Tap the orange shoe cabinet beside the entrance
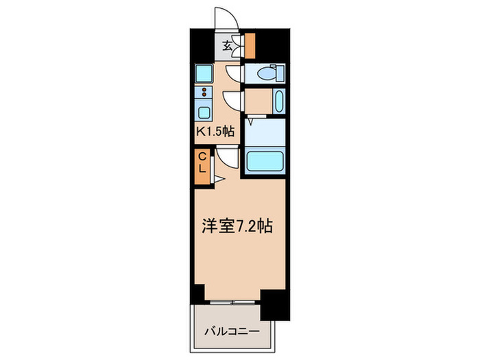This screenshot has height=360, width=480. click(x=250, y=46)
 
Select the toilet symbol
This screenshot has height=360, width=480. click(x=269, y=73)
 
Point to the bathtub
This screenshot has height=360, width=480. click(x=265, y=160)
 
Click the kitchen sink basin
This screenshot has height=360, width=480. click(x=204, y=113)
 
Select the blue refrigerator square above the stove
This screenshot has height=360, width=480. click(x=204, y=72)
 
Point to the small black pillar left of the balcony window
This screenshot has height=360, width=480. click(x=197, y=293)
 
